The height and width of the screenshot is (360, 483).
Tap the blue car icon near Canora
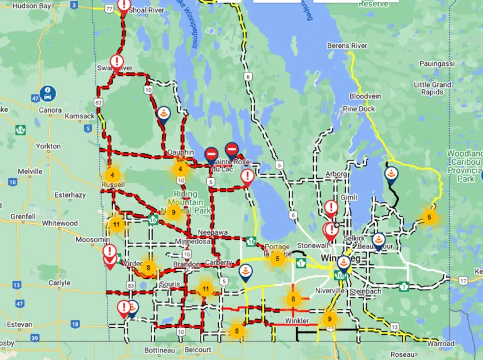[47, 93]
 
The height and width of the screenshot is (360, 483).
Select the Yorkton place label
[48, 146]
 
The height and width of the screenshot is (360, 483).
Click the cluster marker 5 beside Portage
[277, 258]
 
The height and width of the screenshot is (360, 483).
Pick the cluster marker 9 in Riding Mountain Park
[174, 213]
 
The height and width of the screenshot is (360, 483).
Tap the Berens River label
[347, 46]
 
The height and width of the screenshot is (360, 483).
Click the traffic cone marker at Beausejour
[379, 239]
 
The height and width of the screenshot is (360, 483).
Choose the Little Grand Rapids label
[433, 88]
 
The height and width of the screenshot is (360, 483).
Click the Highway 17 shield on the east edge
[464, 279]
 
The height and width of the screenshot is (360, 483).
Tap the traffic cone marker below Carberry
[245, 272]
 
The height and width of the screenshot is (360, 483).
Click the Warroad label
[439, 344]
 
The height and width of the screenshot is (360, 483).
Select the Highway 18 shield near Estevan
[75, 324]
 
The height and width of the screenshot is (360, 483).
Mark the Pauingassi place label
[437, 64]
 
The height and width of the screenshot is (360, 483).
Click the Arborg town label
[336, 174]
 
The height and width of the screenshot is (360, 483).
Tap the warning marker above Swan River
[116, 62]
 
